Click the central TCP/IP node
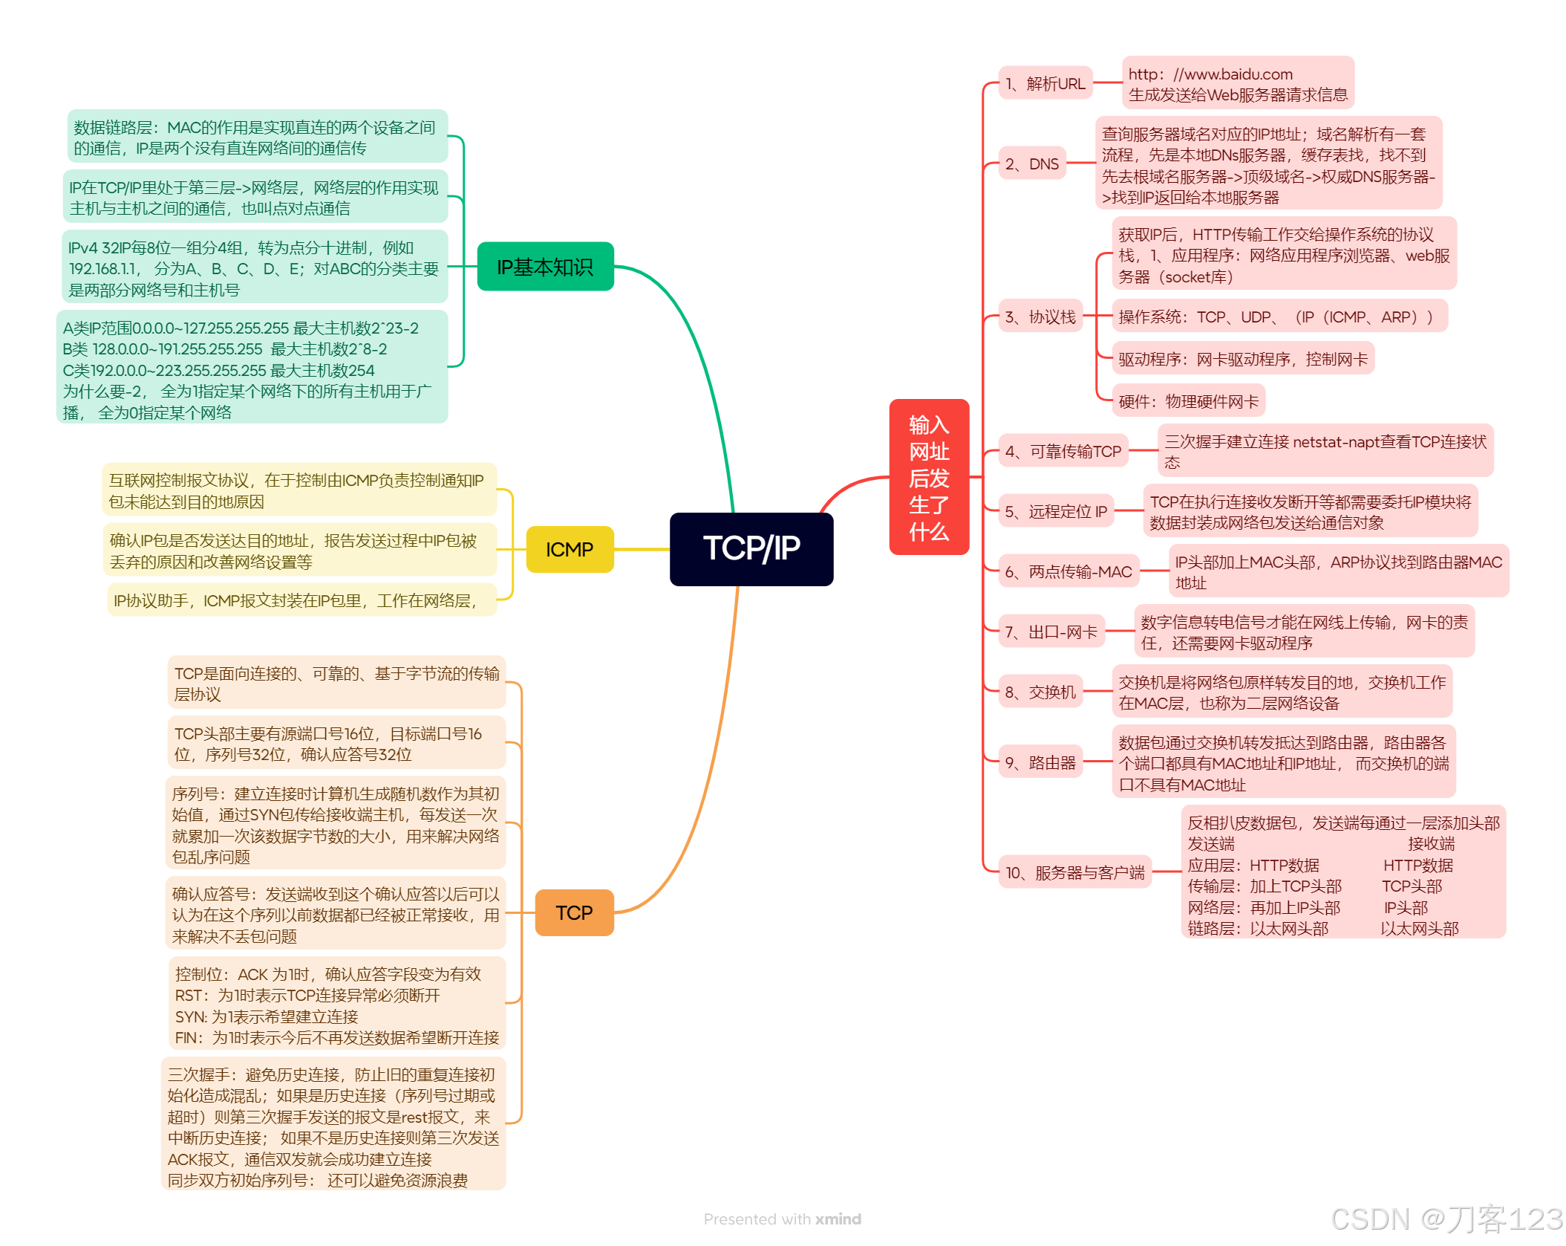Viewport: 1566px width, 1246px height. pos(751,549)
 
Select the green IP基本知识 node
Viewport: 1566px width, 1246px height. pos(545,267)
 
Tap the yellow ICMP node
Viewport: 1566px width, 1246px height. pos(570,550)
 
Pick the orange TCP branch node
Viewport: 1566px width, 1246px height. pos(574,912)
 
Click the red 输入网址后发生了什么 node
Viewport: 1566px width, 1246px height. pos(929,477)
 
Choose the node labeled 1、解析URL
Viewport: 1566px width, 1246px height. pos(1045,84)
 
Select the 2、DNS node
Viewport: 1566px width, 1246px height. pos(1031,164)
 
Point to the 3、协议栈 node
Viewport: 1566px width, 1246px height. pos(1040,317)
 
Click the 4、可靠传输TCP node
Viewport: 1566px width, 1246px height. pos(1063,451)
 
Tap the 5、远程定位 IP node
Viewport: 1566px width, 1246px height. pos(1055,511)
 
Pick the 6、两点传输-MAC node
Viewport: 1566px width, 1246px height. pos(1068,571)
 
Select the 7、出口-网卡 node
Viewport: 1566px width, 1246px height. pos(1051,632)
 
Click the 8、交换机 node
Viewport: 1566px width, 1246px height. pos(1040,692)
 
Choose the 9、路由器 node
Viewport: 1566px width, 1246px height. pos(1040,763)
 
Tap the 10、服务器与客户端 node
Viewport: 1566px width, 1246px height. pos(1074,872)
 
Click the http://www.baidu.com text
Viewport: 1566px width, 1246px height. pos(1210,74)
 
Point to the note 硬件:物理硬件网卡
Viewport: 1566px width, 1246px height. pos(1188,402)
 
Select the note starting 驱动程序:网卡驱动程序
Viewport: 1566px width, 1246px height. pos(1242,360)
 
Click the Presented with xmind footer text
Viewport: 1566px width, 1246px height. pos(782,1219)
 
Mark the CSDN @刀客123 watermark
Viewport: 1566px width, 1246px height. pos(1446,1219)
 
